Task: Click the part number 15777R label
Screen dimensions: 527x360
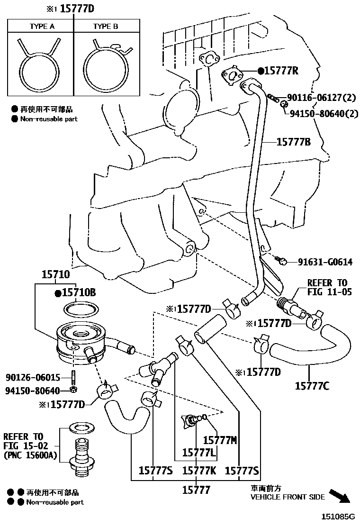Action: (x=281, y=71)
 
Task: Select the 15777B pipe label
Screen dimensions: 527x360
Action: (x=294, y=141)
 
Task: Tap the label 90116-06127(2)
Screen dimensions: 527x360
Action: (x=321, y=98)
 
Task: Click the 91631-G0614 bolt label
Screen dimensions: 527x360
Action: (x=325, y=262)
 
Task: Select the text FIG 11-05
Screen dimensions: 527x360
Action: (x=329, y=292)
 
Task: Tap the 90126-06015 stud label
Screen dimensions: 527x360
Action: (x=33, y=377)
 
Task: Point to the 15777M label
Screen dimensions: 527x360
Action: (x=220, y=440)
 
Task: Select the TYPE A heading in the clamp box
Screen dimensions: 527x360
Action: (x=42, y=27)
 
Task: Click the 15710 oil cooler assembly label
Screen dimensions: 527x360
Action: (x=55, y=274)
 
